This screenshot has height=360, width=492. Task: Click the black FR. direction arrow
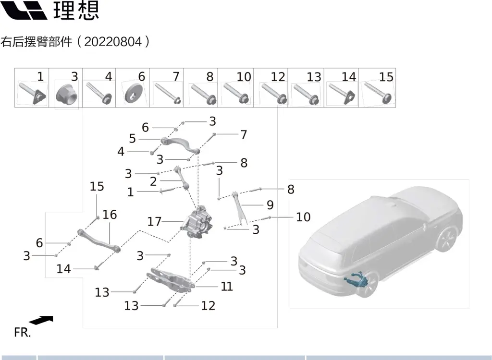click(x=41, y=320)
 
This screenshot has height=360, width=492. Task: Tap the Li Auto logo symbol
click(x=24, y=10)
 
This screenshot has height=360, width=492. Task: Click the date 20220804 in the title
click(x=113, y=41)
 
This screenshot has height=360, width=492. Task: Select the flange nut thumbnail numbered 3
click(x=66, y=93)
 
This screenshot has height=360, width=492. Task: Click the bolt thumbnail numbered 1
click(x=32, y=93)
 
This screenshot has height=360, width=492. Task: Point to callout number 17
click(x=154, y=222)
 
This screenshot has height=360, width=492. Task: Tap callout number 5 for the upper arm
click(x=133, y=139)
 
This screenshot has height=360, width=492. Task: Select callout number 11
click(x=227, y=286)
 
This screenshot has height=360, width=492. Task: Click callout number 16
click(x=110, y=215)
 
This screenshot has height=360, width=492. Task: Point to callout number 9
click(x=270, y=205)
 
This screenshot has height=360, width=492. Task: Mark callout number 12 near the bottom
click(x=208, y=306)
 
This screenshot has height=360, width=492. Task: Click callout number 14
click(x=63, y=269)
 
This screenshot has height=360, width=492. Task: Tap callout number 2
click(x=153, y=181)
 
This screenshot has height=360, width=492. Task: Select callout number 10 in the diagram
click(x=303, y=217)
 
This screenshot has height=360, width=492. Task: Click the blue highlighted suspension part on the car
click(x=357, y=280)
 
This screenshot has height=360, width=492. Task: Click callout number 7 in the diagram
click(x=244, y=135)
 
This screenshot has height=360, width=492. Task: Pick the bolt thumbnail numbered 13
click(x=306, y=93)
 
